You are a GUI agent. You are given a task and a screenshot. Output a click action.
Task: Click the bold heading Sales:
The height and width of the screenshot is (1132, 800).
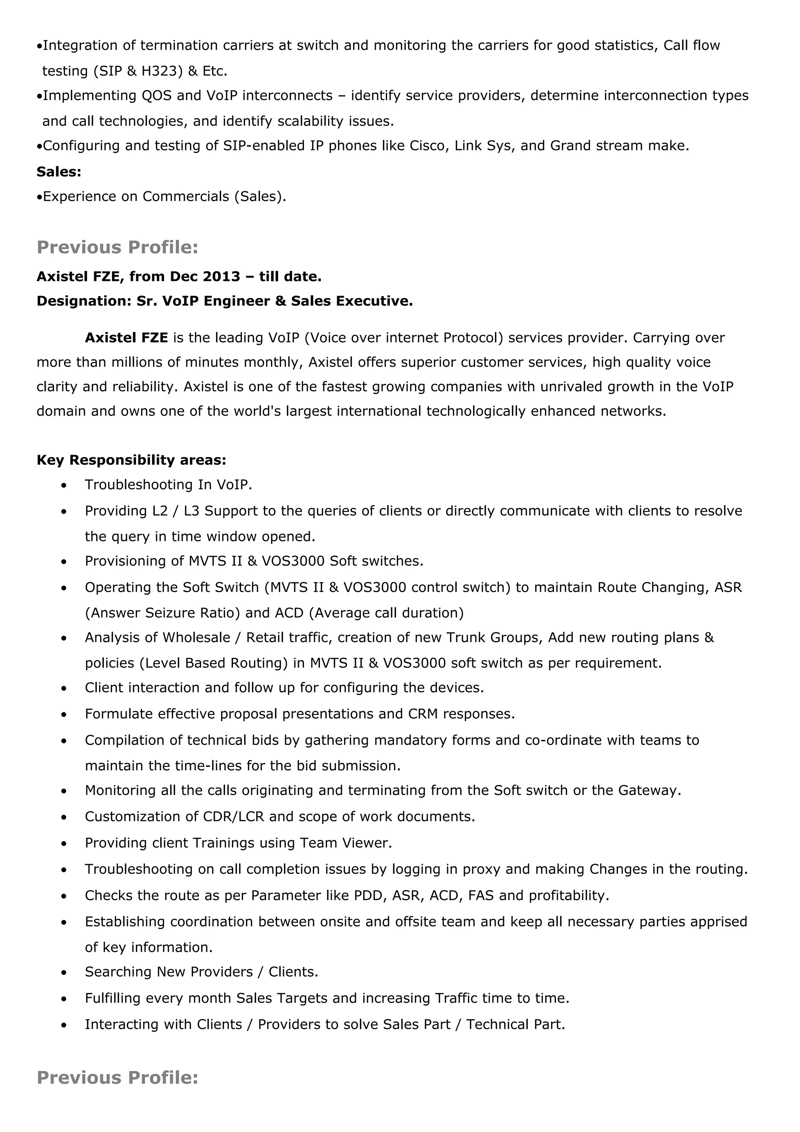pos(59,171)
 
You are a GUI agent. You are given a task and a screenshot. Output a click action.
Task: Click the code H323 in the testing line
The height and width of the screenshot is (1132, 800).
pos(159,71)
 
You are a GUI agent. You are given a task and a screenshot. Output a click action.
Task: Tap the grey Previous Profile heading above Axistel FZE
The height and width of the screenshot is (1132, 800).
pos(117,247)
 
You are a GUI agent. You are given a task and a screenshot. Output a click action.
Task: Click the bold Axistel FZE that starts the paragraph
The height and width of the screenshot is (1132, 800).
pos(126,338)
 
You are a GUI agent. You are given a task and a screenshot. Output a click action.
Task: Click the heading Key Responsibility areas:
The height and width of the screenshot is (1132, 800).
pos(131,460)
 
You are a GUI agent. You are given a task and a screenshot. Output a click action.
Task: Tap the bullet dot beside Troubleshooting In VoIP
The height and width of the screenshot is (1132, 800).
pos(64,486)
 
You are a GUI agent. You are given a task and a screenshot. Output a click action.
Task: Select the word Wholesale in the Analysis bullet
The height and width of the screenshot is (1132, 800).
pos(196,637)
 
